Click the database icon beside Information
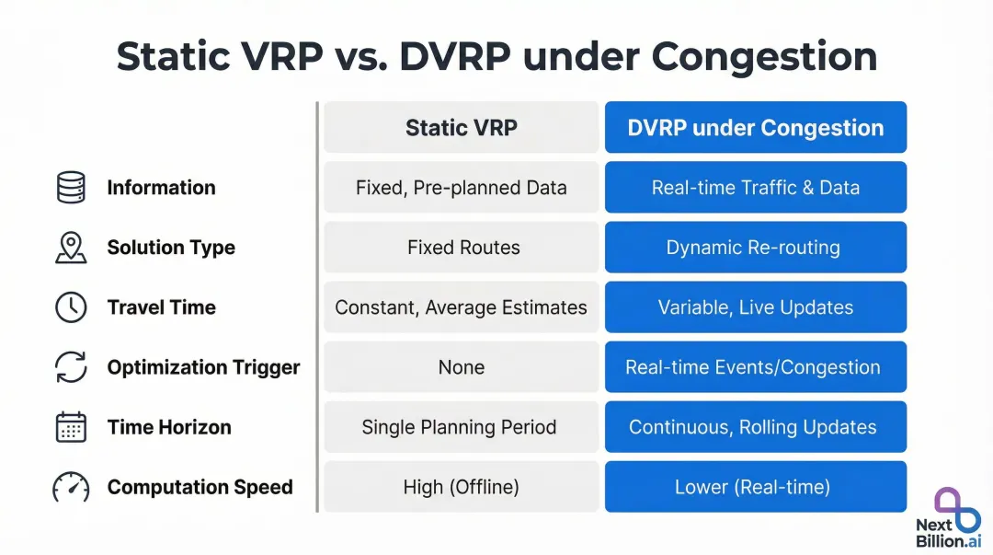(71, 188)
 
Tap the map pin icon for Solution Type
(71, 248)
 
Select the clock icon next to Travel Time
(71, 307)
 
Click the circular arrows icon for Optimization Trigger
(71, 367)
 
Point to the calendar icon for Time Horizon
(71, 427)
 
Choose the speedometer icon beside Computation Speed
(71, 487)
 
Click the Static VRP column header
(461, 128)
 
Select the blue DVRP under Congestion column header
(755, 128)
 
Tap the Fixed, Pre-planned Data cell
(461, 188)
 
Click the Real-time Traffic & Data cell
(755, 188)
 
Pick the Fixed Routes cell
(461, 248)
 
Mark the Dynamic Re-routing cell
(755, 248)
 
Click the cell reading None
(461, 367)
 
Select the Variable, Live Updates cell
(755, 307)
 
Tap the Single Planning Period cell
(461, 427)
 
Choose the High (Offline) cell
(461, 487)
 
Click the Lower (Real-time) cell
(755, 487)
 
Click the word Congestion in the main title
(764, 56)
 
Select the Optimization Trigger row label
(203, 367)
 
